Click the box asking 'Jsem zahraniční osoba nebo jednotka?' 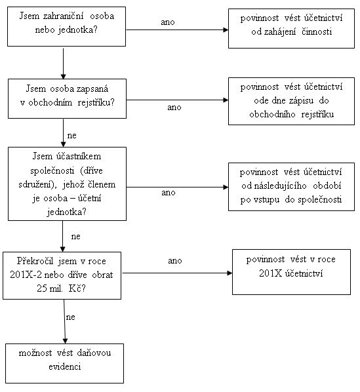[66, 26]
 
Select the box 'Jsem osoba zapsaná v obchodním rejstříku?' [67, 98]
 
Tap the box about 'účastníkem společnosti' [67, 184]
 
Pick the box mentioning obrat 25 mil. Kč [62, 275]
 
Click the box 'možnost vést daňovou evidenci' [64, 363]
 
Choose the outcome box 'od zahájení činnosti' [292, 28]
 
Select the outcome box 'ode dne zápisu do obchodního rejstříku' [292, 101]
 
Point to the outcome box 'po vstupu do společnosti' [292, 187]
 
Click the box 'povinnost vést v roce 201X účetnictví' [292, 272]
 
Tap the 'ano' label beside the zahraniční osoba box [167, 22]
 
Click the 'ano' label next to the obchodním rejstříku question [174, 108]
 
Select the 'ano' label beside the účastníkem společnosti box [169, 193]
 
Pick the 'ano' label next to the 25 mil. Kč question [174, 261]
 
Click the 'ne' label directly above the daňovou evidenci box [71, 317]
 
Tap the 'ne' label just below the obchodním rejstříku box [71, 136]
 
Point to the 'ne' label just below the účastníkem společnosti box [76, 237]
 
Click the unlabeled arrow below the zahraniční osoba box [63, 64]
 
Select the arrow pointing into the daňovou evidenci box [64, 321]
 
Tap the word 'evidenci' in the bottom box [65, 367]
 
